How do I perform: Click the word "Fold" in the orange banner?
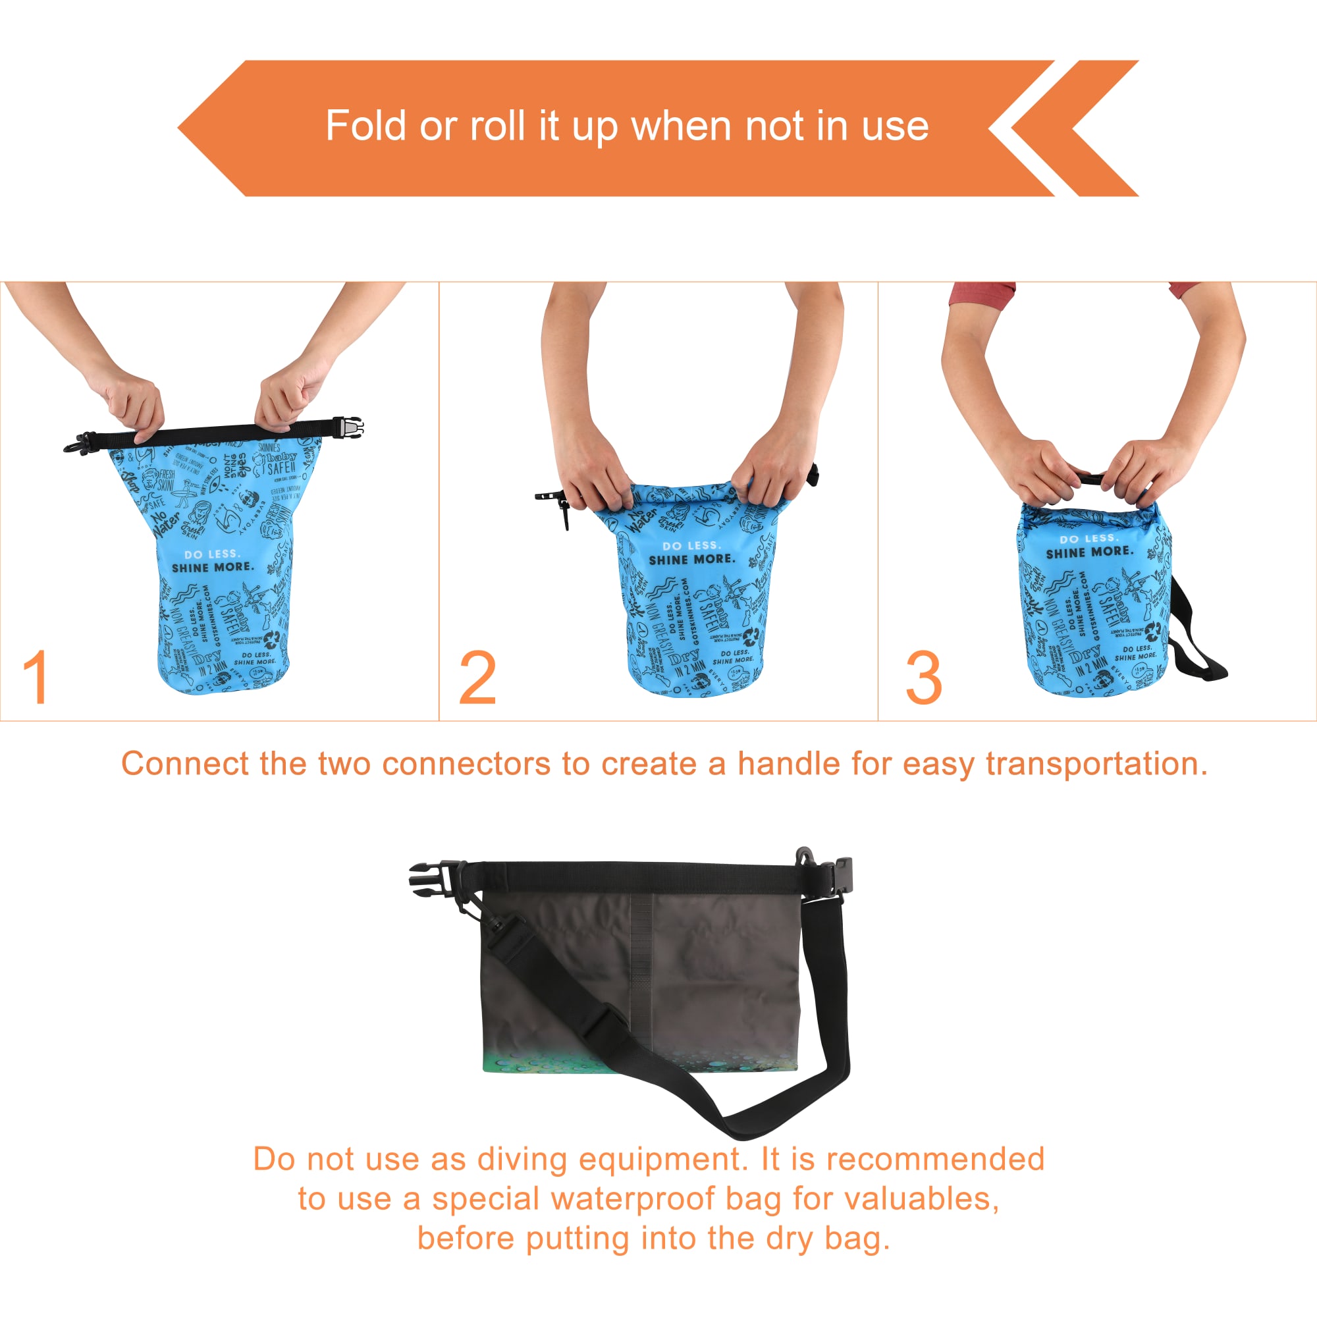pyautogui.click(x=366, y=126)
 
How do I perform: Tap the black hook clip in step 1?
pyautogui.click(x=76, y=443)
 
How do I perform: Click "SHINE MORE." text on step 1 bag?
pyautogui.click(x=212, y=567)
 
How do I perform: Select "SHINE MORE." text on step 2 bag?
pyautogui.click(x=692, y=559)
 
